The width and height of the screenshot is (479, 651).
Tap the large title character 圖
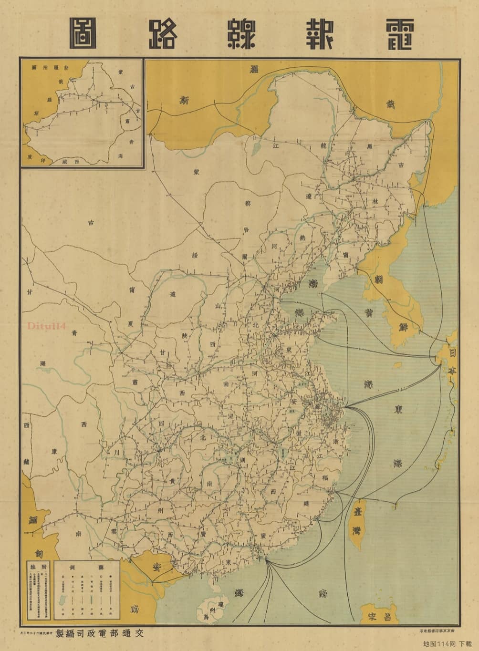[83, 34]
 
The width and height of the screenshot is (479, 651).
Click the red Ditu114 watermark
[46, 326]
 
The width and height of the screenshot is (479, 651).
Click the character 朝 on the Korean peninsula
[379, 279]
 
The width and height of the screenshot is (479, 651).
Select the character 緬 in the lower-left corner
[33, 521]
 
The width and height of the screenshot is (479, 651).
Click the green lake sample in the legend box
[62, 599]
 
